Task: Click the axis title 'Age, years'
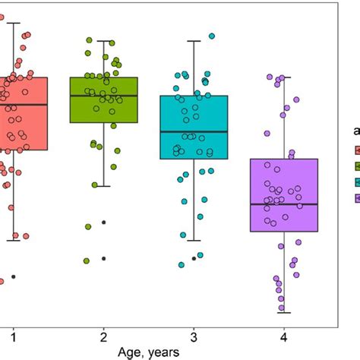click(148, 352)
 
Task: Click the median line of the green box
click(103, 96)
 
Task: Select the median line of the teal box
click(194, 131)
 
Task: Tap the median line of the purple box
click(283, 204)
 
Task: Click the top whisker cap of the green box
click(103, 41)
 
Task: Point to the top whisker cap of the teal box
click(194, 41)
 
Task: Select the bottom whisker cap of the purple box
click(283, 312)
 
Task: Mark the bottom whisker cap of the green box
click(103, 185)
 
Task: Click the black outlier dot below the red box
click(13, 276)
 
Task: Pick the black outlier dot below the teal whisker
click(194, 258)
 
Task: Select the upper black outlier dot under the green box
click(103, 222)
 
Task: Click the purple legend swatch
click(355, 198)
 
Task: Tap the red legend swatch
click(355, 150)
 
